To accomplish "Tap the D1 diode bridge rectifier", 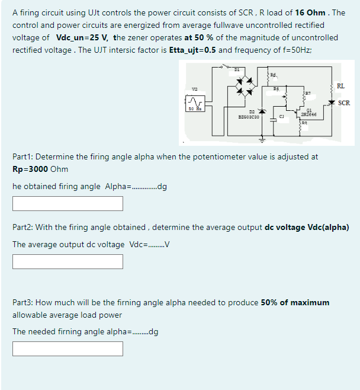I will [x=244, y=88].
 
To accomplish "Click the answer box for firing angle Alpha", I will [x=68, y=203].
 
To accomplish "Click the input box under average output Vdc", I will [x=68, y=261].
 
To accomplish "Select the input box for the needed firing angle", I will [x=68, y=348].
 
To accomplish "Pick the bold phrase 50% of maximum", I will [x=294, y=302].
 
